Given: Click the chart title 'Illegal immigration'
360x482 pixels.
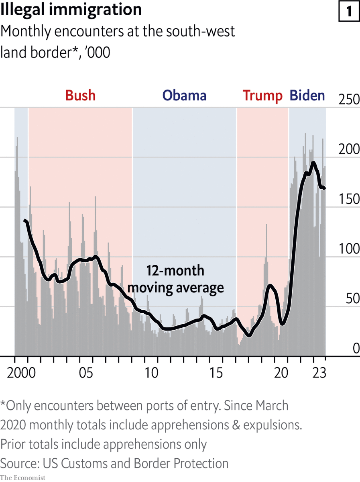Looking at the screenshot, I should tap(71, 10).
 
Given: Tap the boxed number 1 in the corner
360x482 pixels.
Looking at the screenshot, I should tap(349, 11).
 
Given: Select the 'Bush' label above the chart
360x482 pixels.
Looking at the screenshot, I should tap(80, 96).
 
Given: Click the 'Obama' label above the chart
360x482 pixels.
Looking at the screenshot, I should tap(184, 96).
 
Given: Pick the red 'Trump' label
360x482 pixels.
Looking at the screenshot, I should tap(262, 96).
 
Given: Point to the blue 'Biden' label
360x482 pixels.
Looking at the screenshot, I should tap(307, 96).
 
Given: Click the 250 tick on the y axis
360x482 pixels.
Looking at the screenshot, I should tap(349, 100).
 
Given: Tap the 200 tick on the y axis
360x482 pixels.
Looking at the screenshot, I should tap(349, 149).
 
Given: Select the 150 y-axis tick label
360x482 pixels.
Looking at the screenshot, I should tap(349, 199).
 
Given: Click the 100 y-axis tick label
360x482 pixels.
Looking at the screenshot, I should tap(349, 249).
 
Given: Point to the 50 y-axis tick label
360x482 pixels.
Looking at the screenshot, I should tap(351, 299).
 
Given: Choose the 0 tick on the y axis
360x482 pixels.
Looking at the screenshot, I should tap(356, 349).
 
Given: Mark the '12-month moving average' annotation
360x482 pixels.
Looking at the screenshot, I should tap(175, 279).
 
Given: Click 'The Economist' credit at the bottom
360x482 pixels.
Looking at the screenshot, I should tap(23, 478).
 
